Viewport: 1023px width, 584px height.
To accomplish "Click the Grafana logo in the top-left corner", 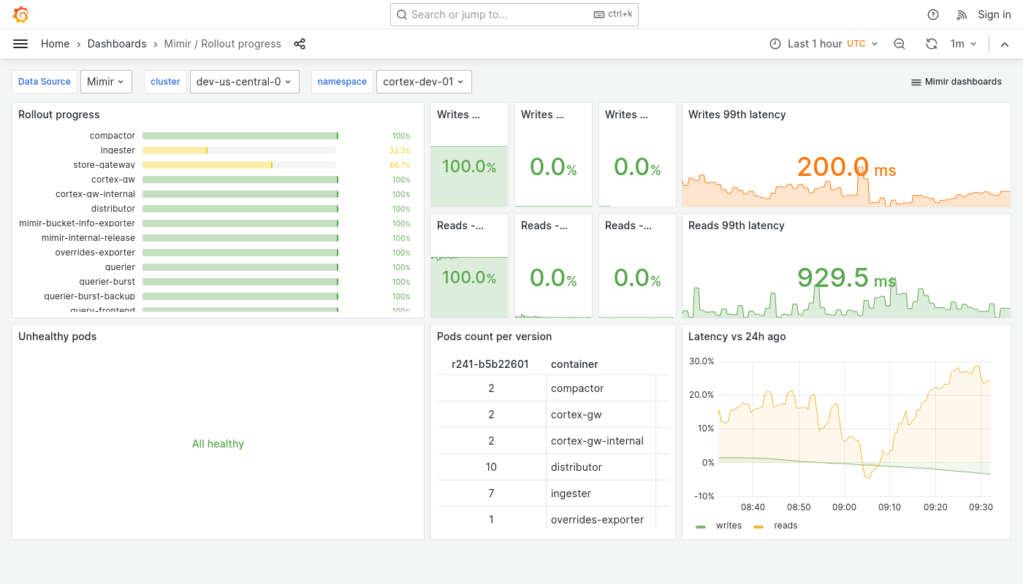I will [x=21, y=15].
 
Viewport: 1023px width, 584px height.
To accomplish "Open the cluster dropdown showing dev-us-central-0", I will [x=244, y=82].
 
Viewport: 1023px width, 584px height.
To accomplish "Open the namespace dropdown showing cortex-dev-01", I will [x=424, y=82].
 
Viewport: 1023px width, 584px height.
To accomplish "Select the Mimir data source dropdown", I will [x=106, y=82].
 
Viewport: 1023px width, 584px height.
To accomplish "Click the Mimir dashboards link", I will [x=956, y=82].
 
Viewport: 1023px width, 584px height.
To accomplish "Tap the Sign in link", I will [x=994, y=15].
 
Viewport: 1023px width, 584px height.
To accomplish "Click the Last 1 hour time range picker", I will [x=824, y=44].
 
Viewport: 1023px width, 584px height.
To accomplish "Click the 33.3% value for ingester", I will [x=399, y=150].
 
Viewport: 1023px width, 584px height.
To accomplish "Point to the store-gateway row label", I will [x=104, y=165].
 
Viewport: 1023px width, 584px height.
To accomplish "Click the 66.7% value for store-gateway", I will [x=400, y=165].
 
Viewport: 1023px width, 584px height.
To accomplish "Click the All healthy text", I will [x=218, y=444].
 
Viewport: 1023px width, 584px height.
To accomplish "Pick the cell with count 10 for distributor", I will [x=491, y=467].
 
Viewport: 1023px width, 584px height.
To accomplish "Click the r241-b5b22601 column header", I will [x=490, y=364].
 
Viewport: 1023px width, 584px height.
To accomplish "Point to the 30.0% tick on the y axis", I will [x=701, y=361].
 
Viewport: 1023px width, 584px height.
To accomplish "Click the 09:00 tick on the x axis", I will [x=844, y=507].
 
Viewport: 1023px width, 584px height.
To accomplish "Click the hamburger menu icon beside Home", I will [x=20, y=44].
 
